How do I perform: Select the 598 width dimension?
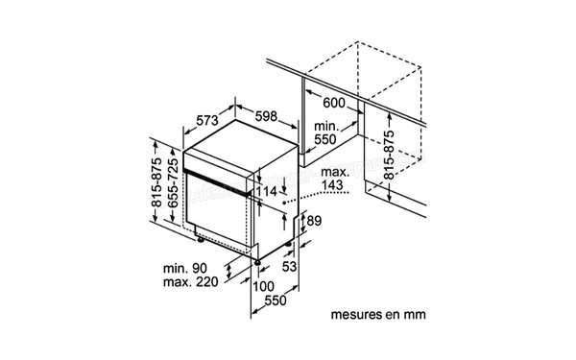(267, 117)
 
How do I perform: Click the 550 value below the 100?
(276, 301)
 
